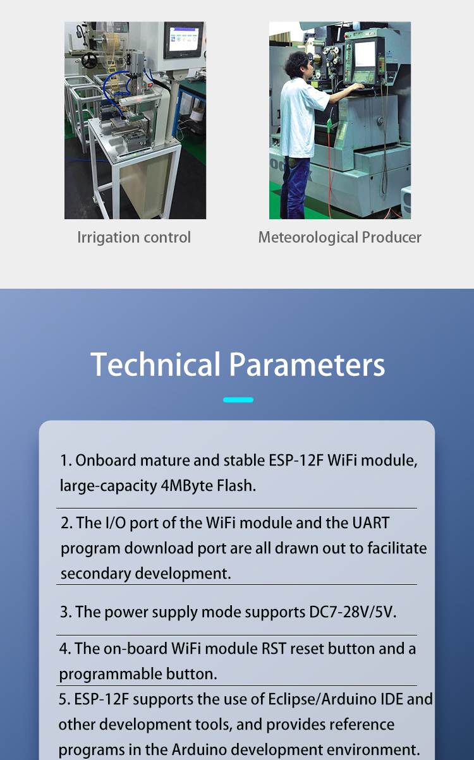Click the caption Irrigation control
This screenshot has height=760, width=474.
[x=134, y=238]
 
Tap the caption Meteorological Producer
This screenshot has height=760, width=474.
[x=339, y=238]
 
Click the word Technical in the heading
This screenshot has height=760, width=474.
[x=155, y=364]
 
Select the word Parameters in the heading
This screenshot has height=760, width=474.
[x=307, y=364]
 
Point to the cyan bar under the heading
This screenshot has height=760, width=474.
[x=238, y=400]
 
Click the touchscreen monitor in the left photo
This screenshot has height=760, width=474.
[x=184, y=40]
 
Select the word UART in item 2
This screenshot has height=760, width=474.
[x=371, y=523]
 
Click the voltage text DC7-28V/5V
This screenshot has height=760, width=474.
[x=353, y=612]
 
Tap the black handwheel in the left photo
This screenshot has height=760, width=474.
[x=90, y=60]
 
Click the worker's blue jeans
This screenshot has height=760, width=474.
[x=298, y=187]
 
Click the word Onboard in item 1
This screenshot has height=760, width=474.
[x=106, y=461]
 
